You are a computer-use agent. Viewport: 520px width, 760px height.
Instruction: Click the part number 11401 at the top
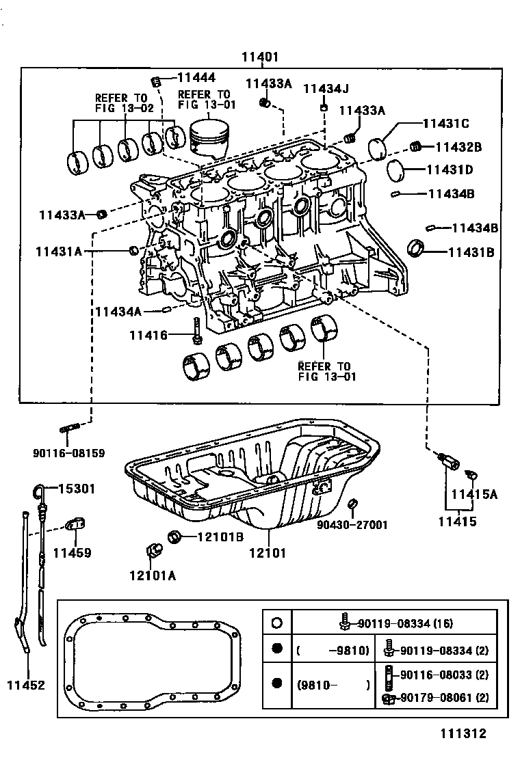click(259, 58)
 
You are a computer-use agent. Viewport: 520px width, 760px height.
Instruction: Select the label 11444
click(196, 79)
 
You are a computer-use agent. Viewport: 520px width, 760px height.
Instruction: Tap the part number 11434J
click(326, 88)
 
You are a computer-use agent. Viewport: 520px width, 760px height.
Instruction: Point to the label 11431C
click(445, 124)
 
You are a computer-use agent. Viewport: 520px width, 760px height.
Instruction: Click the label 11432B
click(458, 146)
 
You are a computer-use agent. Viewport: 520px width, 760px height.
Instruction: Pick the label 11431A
click(59, 252)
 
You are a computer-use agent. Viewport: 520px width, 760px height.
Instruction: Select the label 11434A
click(118, 312)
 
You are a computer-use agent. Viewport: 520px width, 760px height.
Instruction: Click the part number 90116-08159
click(68, 452)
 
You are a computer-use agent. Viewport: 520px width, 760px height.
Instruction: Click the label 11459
click(72, 552)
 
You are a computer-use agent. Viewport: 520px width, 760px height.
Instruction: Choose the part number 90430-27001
click(352, 525)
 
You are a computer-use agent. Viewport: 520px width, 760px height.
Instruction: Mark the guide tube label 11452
click(27, 685)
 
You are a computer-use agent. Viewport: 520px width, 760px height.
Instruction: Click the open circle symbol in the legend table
click(276, 623)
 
